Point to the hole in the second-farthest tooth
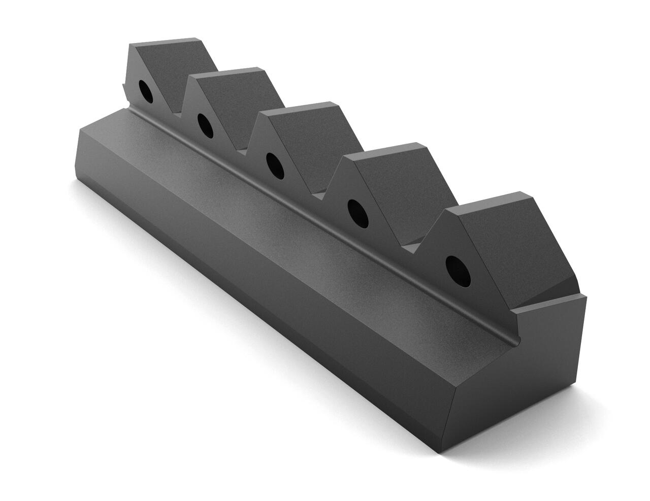coord(205,125)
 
